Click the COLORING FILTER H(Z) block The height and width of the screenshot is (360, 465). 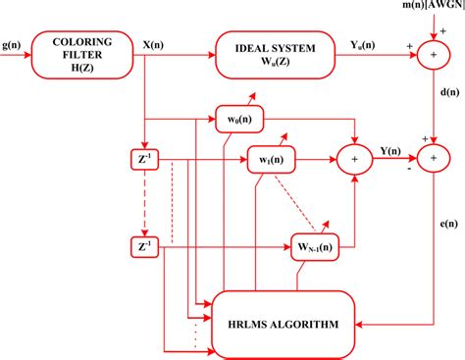point(82,50)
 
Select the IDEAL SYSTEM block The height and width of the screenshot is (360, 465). point(266,50)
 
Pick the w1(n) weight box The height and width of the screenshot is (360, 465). point(271,158)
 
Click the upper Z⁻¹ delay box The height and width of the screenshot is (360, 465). point(144,157)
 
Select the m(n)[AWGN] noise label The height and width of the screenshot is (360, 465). point(418,9)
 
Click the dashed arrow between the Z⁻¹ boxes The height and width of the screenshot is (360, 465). point(144,201)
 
